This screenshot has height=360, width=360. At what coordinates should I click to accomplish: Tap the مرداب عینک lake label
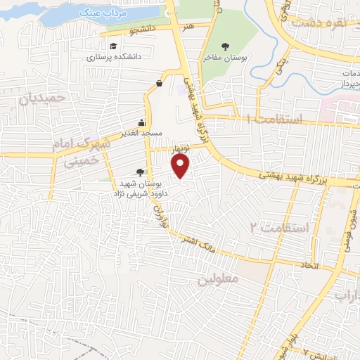coord(94,13)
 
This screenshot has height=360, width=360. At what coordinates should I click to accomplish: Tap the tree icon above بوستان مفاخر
coord(225,46)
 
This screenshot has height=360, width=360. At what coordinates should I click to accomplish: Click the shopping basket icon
coord(159,83)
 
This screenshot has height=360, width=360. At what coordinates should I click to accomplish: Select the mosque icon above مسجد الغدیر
coord(143,122)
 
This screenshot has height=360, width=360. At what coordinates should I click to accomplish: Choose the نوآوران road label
coord(159,211)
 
